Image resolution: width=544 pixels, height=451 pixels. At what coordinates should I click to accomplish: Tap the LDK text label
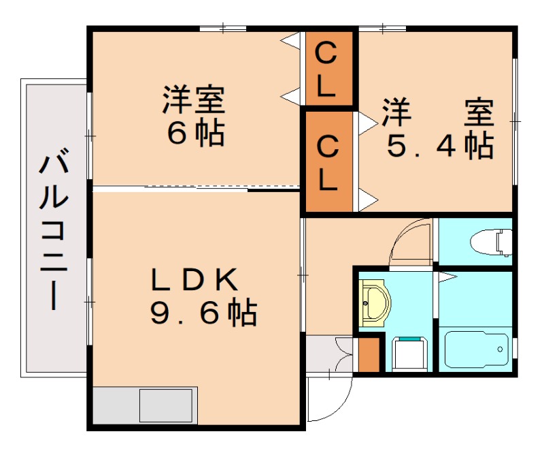(194, 280)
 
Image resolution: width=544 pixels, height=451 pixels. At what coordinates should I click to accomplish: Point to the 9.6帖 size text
(203, 313)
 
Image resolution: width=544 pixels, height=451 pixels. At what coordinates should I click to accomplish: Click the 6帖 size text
(196, 133)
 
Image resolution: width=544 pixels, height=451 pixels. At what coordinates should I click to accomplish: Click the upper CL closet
(327, 69)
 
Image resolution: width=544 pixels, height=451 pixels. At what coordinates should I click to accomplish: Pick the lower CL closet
(328, 163)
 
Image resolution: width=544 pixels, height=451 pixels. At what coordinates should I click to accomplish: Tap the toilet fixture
(491, 242)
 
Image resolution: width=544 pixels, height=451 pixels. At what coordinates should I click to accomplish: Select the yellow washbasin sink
(373, 303)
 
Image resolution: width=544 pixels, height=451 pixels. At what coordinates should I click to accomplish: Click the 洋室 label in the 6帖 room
(193, 100)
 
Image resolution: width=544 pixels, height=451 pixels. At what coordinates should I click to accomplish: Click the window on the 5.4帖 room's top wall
(381, 29)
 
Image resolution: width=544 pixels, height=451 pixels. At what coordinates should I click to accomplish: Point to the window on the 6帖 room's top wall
(223, 29)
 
